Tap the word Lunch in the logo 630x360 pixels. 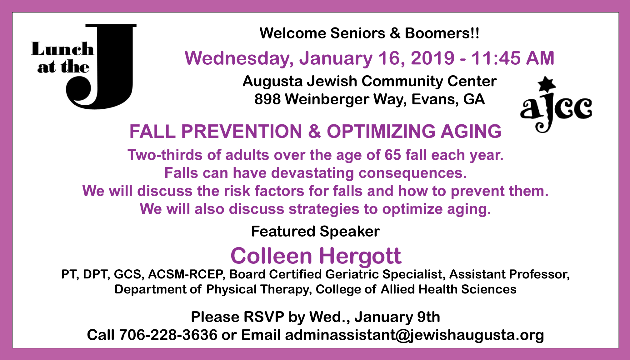(62, 49)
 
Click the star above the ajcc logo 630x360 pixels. (547, 84)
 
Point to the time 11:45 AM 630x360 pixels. (512, 58)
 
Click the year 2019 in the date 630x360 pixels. (432, 58)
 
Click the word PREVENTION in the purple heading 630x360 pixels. (242, 131)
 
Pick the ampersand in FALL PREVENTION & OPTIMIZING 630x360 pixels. (314, 131)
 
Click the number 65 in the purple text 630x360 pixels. (393, 155)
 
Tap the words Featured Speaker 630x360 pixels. (315, 232)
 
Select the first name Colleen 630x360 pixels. (271, 256)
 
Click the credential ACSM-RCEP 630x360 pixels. (186, 274)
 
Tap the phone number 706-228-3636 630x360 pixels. (168, 335)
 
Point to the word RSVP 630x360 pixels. (264, 317)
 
